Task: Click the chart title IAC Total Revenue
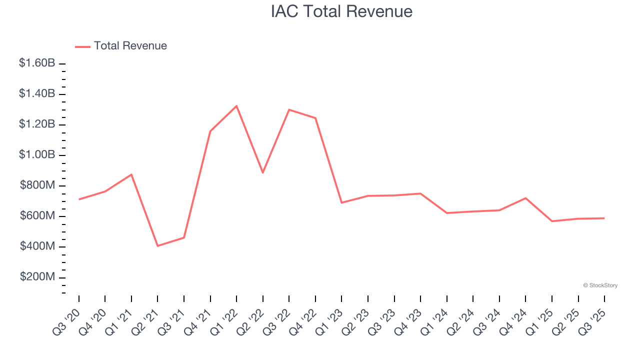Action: click(x=341, y=11)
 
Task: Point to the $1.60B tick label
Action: click(x=37, y=63)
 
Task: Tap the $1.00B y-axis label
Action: click(x=37, y=155)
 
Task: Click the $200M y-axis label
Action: click(x=37, y=277)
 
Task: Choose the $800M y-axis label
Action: click(x=37, y=185)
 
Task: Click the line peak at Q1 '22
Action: click(x=236, y=106)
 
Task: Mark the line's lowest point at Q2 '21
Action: click(x=157, y=245)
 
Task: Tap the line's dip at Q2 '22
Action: click(x=263, y=172)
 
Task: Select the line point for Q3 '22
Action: click(x=289, y=109)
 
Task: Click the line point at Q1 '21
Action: click(x=131, y=174)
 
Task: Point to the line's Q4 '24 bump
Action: click(x=525, y=198)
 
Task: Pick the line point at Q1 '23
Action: click(x=341, y=202)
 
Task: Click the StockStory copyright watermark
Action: click(x=600, y=285)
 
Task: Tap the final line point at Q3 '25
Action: click(x=604, y=218)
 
